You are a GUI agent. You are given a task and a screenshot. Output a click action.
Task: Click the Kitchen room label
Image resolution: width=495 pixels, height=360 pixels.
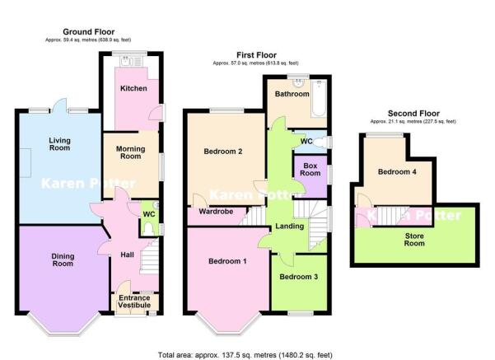point(133,88)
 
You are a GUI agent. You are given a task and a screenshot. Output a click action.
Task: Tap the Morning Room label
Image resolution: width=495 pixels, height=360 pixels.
point(131,152)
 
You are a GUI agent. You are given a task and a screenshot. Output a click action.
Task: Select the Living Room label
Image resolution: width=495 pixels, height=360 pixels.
point(59,144)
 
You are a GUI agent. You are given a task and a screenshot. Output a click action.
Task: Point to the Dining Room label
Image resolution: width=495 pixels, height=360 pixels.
point(63,259)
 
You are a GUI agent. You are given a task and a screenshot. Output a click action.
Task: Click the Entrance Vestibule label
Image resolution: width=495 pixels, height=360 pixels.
point(134,302)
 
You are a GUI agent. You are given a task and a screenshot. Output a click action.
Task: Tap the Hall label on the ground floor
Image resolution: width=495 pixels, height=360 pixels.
point(127,255)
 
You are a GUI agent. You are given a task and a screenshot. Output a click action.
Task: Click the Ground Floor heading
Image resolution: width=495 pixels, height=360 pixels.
point(89,31)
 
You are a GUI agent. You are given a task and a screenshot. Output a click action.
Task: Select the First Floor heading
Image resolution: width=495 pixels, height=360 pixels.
point(257,55)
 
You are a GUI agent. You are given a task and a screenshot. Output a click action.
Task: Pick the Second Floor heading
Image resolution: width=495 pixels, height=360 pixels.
point(413,114)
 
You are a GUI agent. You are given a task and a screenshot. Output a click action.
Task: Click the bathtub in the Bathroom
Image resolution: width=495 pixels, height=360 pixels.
point(319,98)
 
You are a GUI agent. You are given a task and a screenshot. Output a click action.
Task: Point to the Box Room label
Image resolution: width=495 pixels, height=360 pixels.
point(311,169)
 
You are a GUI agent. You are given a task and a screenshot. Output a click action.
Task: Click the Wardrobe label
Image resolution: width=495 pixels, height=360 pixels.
point(217,211)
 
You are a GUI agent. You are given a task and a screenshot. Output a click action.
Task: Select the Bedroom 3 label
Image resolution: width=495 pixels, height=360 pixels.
point(299,277)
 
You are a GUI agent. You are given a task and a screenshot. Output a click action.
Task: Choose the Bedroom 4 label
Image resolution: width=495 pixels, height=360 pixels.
point(397,172)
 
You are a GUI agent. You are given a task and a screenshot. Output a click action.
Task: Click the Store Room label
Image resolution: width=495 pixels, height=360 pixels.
point(414,240)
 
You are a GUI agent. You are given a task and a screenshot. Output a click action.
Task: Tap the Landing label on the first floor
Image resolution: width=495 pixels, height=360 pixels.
point(289,226)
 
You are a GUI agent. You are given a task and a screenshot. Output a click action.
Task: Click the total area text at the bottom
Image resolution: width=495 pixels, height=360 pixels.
point(245,355)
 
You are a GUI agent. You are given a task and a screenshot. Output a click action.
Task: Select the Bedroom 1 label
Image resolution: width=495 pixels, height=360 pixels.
point(227,261)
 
